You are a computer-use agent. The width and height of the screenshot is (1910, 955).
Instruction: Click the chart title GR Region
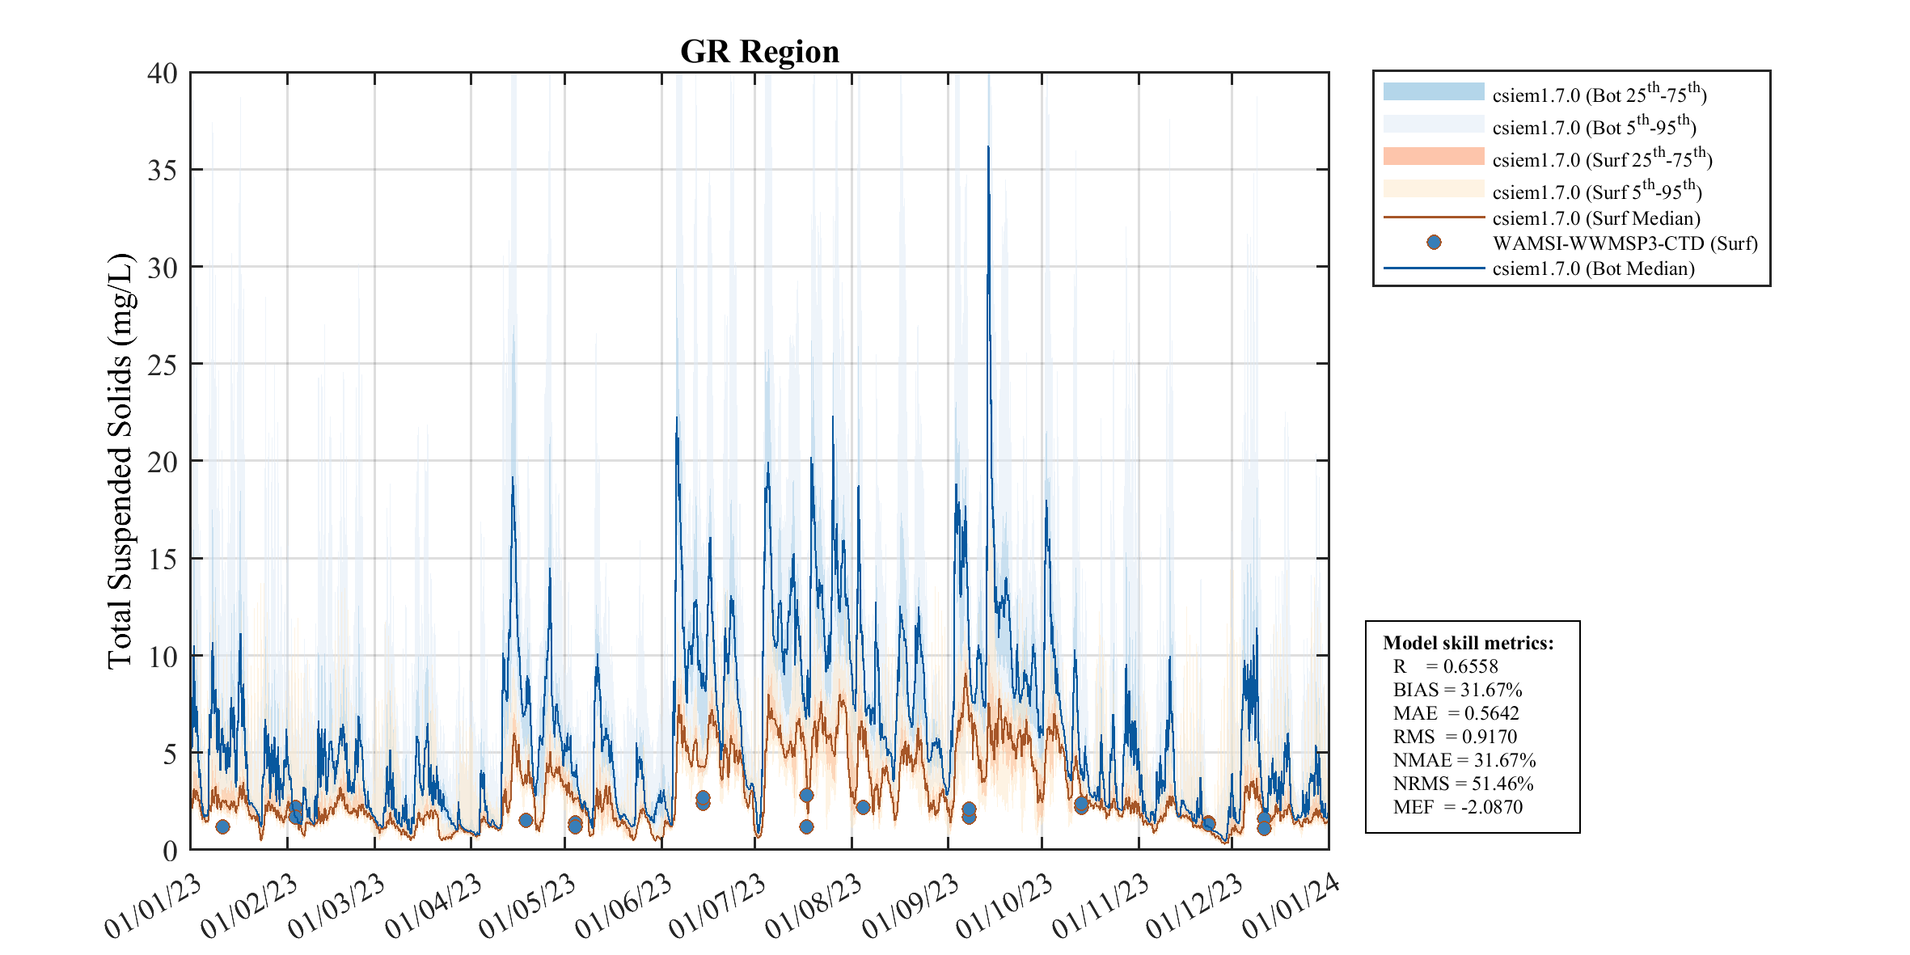pos(759,52)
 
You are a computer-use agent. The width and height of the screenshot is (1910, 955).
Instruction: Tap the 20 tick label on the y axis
pos(162,462)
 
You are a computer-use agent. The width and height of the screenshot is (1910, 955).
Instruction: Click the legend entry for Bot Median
pos(1593,268)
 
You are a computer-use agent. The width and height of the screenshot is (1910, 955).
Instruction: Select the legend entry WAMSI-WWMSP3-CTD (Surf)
pos(1625,243)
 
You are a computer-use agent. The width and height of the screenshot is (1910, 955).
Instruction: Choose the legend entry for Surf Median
pos(1595,218)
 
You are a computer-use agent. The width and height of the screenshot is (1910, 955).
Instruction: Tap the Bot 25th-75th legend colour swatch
pos(1433,91)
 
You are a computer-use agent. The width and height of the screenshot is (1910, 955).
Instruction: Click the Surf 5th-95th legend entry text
pos(1597,192)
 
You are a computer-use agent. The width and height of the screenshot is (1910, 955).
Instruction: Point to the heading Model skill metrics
pos(1468,643)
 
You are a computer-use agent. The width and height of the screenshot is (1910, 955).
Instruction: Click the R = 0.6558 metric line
pos(1445,666)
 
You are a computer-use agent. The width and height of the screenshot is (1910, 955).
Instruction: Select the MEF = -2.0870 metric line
pos(1457,807)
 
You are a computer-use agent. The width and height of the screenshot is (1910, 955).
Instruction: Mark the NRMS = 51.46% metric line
pos(1463,784)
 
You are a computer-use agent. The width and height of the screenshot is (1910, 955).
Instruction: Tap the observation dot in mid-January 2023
pos(222,826)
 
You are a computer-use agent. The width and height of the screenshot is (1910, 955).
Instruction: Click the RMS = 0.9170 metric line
pos(1454,737)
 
